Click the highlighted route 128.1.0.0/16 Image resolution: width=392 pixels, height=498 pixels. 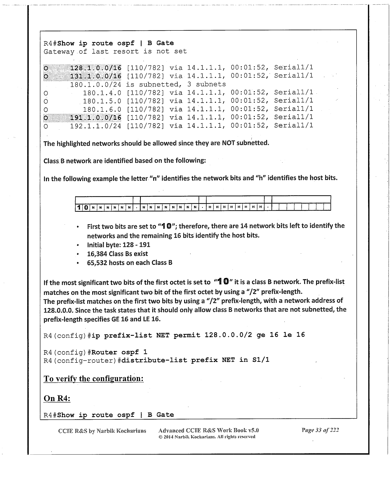[x=96, y=68]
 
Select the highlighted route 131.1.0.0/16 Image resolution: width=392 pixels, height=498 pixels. [x=96, y=76]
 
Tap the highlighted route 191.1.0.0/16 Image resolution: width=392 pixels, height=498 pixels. [x=96, y=117]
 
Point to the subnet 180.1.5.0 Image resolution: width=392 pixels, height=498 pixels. [x=102, y=101]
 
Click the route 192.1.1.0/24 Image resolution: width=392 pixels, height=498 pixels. [x=96, y=126]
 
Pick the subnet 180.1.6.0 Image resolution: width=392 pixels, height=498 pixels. [x=102, y=109]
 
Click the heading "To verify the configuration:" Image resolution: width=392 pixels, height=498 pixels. [x=94, y=378]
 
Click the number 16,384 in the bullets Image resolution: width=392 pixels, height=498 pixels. [x=97, y=254]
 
